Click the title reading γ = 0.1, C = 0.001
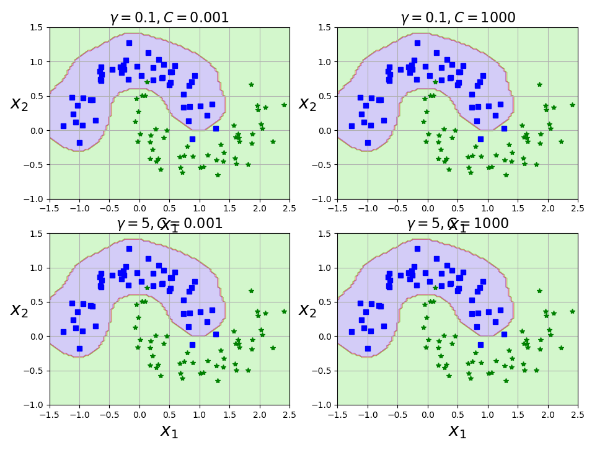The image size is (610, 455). (169, 18)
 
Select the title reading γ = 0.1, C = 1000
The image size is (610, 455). (457, 18)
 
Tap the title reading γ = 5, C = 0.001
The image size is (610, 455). (169, 224)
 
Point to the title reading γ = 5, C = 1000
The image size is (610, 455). (457, 224)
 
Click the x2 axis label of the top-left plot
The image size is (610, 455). (19, 104)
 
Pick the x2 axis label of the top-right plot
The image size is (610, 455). (307, 104)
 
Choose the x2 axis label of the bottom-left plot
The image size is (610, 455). (19, 309)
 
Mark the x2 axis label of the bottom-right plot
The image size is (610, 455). (307, 309)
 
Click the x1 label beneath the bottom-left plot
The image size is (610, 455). (169, 430)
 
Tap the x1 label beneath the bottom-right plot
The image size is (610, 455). (457, 430)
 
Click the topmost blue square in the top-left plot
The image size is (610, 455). (129, 43)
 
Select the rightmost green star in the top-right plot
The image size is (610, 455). (572, 105)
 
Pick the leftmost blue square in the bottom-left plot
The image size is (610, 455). (63, 332)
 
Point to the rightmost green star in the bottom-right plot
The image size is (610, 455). (572, 311)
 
